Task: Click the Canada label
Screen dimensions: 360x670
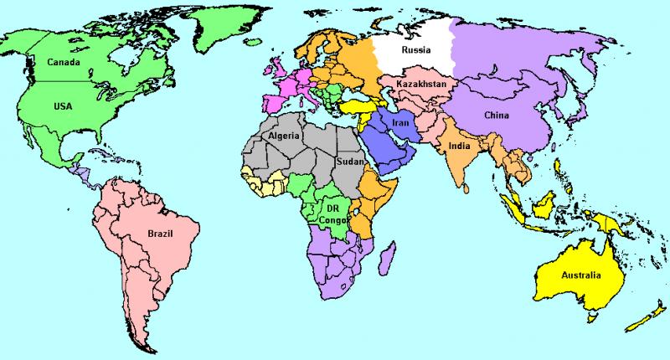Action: [64, 62]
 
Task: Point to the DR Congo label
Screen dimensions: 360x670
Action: [333, 213]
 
